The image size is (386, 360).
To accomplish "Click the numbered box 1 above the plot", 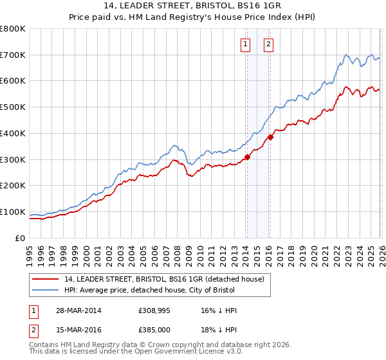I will click(246, 44).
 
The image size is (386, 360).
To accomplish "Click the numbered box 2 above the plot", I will click(268, 44).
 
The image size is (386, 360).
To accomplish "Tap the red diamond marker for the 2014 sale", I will click(247, 157).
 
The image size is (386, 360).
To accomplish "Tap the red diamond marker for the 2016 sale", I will click(271, 137).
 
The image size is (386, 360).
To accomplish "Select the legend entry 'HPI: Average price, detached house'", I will click(150, 291).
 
